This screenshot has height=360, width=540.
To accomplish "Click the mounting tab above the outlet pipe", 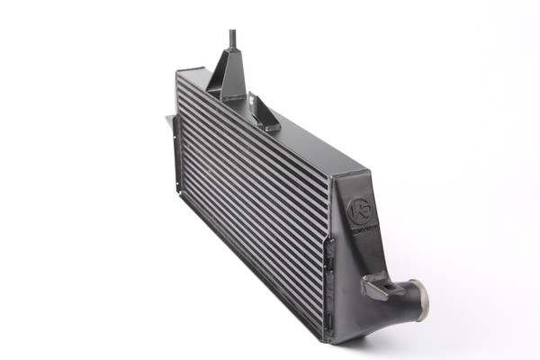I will pyautogui.click(x=376, y=287).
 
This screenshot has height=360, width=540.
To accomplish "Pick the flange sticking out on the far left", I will pyautogui.click(x=169, y=120).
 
